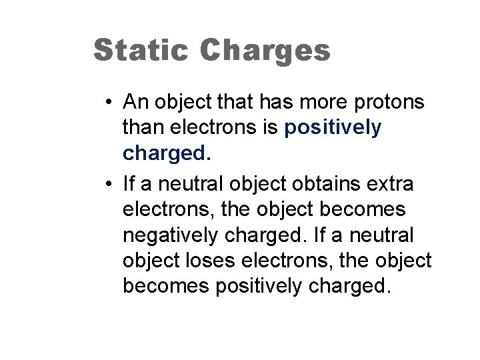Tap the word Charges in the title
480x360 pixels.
[x=265, y=51]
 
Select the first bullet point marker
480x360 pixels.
[x=108, y=102]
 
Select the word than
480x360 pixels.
[x=142, y=128]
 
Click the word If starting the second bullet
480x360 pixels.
[x=127, y=183]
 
